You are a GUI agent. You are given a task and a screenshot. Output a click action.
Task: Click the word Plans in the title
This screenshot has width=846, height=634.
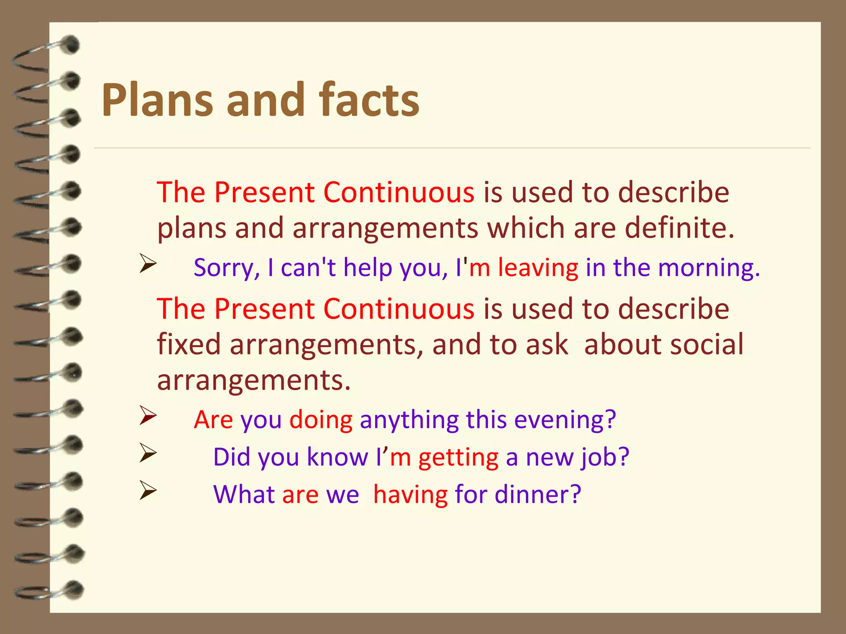click(x=157, y=100)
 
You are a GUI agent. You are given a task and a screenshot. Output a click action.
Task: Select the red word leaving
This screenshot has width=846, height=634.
click(x=538, y=268)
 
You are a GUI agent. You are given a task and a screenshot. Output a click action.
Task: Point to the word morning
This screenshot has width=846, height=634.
click(x=708, y=268)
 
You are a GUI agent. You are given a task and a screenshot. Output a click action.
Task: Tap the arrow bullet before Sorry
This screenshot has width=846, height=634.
click(x=147, y=264)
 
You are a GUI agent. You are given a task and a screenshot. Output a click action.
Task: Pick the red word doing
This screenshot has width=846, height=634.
click(x=321, y=420)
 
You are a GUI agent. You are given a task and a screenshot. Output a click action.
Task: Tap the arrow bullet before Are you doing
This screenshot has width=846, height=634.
click(x=147, y=416)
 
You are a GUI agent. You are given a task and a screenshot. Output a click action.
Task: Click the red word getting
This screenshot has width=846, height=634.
click(x=458, y=458)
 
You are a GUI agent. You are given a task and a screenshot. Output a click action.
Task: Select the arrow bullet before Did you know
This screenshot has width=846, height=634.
click(x=147, y=453)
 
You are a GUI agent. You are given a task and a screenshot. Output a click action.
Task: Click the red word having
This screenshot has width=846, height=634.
click(x=410, y=494)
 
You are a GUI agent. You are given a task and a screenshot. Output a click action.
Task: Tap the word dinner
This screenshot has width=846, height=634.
click(x=537, y=494)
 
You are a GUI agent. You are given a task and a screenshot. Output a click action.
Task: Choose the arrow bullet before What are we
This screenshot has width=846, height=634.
click(x=147, y=490)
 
